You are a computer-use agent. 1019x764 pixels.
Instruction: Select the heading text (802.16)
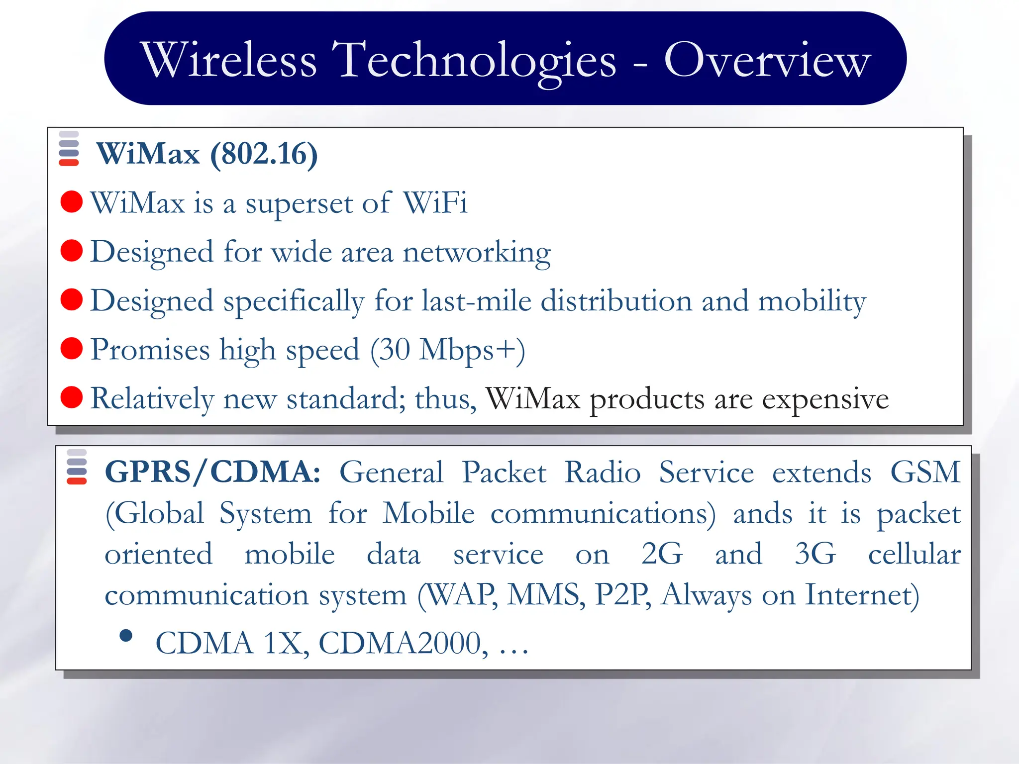pos(264,154)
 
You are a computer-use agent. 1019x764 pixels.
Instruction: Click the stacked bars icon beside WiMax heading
pos(69,149)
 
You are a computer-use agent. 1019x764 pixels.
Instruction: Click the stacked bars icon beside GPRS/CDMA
pos(77,467)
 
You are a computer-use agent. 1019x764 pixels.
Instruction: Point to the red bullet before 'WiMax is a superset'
pos(72,202)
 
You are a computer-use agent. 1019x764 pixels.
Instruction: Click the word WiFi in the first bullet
pos(435,202)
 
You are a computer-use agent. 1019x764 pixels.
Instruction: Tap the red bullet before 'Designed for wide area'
pos(72,251)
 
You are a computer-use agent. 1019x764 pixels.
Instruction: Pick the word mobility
pos(812,301)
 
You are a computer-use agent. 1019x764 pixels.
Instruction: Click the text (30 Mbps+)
pos(448,350)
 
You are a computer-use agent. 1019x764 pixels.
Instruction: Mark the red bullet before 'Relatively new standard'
pos(72,397)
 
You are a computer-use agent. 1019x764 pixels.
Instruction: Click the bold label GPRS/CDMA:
pos(213,472)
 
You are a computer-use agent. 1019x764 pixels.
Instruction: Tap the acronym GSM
pos(925,472)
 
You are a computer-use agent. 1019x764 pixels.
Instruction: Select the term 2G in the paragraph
pos(662,554)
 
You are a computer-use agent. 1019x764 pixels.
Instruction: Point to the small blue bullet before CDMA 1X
pos(126,636)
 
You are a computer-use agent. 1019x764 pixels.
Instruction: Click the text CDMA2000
pos(400,643)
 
